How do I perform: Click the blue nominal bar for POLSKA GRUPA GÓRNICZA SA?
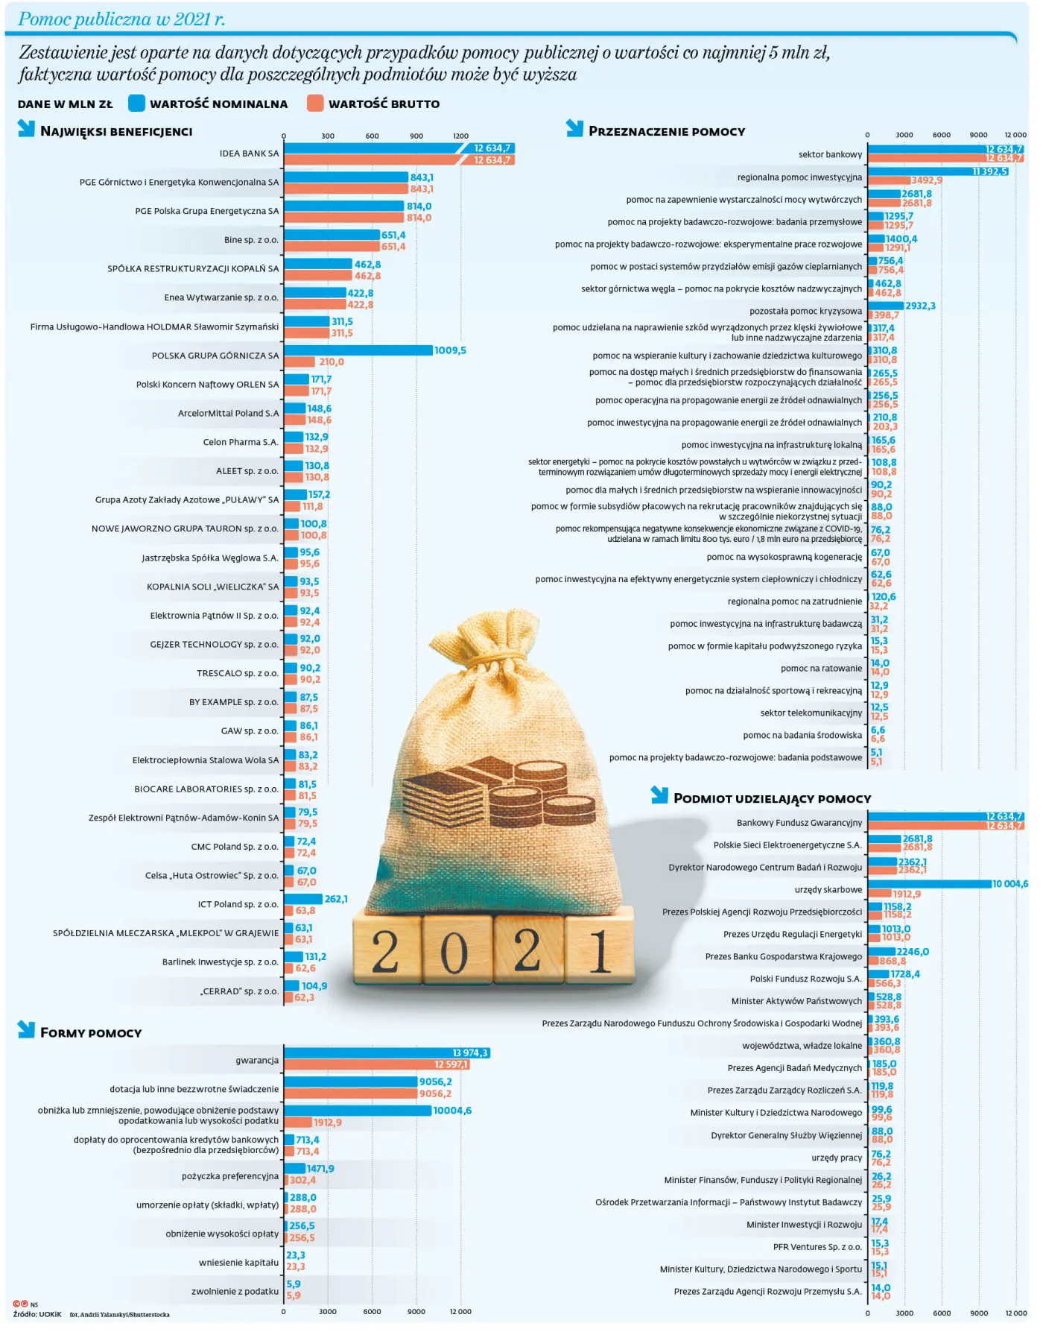pyautogui.click(x=358, y=350)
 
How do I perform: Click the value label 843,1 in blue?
pyautogui.click(x=422, y=177)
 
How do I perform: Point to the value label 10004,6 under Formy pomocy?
pyautogui.click(x=452, y=1111)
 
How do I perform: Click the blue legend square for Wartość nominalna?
pyautogui.click(x=136, y=103)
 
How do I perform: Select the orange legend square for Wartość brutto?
pyautogui.click(x=315, y=103)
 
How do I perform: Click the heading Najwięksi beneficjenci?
pyautogui.click(x=116, y=131)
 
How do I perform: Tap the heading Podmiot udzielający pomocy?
pyautogui.click(x=772, y=798)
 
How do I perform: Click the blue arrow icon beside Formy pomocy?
pyautogui.click(x=26, y=1029)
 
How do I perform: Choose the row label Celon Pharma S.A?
pyautogui.click(x=240, y=442)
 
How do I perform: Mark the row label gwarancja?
pyautogui.click(x=257, y=1060)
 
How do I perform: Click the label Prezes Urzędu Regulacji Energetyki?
pyautogui.click(x=792, y=934)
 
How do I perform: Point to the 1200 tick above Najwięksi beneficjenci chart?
pyautogui.click(x=460, y=136)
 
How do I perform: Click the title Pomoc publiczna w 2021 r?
pyautogui.click(x=121, y=19)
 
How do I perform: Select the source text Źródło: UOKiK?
pyautogui.click(x=37, y=1314)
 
